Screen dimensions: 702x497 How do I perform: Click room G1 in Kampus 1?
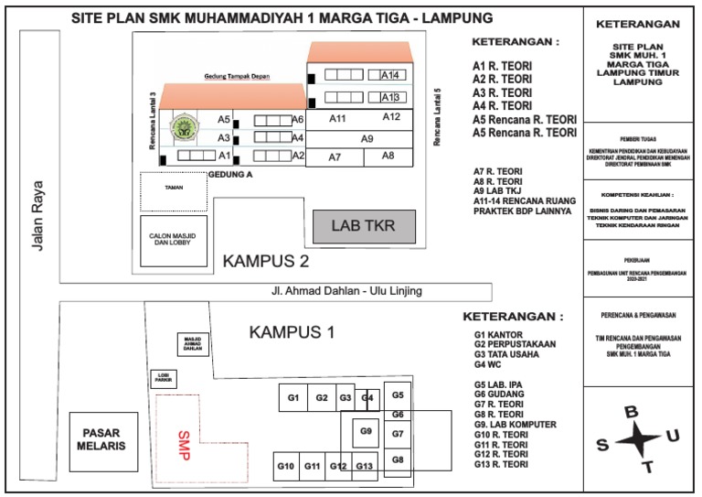pyautogui.click(x=293, y=397)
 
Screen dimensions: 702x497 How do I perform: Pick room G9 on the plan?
pyautogui.click(x=365, y=430)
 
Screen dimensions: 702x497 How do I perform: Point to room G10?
pyautogui.click(x=285, y=467)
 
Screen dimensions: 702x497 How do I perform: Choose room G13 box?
pyautogui.click(x=365, y=467)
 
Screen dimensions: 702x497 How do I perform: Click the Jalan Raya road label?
pyautogui.click(x=37, y=211)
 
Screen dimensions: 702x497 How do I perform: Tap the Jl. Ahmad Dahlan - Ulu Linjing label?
pyautogui.click(x=346, y=291)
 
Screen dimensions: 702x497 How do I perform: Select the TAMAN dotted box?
pyautogui.click(x=173, y=189)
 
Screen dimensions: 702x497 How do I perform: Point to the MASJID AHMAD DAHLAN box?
pyautogui.click(x=192, y=344)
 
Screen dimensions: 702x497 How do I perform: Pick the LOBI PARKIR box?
pyautogui.click(x=164, y=378)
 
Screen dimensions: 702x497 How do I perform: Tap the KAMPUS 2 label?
pyautogui.click(x=266, y=262)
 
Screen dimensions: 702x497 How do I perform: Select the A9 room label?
pyautogui.click(x=367, y=139)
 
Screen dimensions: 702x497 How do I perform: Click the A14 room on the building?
pyautogui.click(x=389, y=75)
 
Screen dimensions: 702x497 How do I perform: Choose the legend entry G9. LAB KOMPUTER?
pyautogui.click(x=516, y=425)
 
